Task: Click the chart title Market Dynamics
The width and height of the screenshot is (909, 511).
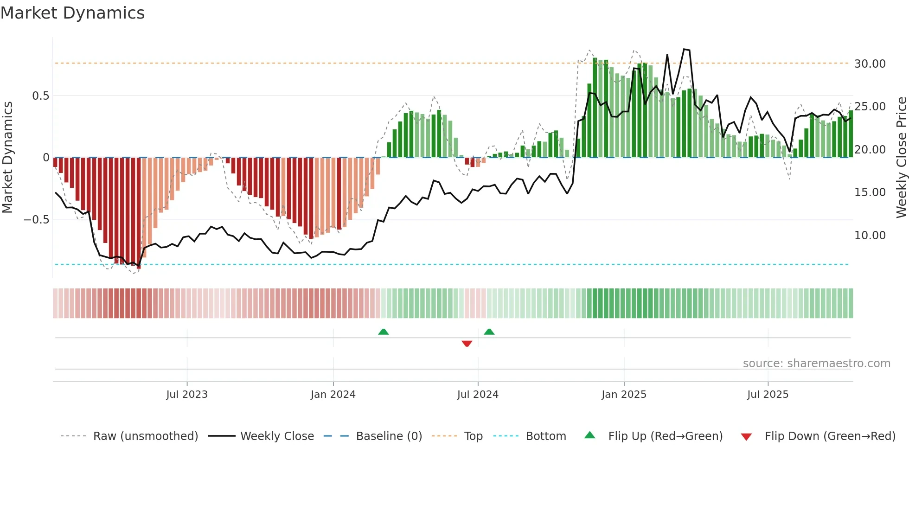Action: [x=72, y=13]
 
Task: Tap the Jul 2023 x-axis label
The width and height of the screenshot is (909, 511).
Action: [x=187, y=395]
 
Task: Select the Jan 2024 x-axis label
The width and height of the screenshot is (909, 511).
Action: [x=333, y=395]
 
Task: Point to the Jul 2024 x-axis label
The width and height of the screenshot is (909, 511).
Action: [x=478, y=395]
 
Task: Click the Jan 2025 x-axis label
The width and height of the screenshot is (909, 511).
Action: [x=624, y=395]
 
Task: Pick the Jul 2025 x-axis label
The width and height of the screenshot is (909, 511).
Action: [x=768, y=395]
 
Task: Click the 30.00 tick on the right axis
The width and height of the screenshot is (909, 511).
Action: [x=870, y=64]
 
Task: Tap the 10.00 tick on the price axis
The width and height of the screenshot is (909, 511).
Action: [x=870, y=236]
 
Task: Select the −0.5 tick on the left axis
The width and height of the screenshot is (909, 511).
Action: [x=37, y=220]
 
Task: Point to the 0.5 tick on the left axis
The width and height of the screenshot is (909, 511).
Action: [x=40, y=96]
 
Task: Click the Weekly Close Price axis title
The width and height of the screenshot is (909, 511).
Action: [x=901, y=158]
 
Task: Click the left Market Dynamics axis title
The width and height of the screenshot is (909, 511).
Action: [x=7, y=158]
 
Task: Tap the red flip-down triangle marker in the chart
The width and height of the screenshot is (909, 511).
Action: [x=467, y=344]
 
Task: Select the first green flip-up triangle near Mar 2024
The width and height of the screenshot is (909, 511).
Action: [x=383, y=332]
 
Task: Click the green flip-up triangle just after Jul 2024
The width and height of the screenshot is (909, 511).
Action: [x=489, y=332]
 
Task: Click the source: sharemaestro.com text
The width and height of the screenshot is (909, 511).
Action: [x=816, y=364]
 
